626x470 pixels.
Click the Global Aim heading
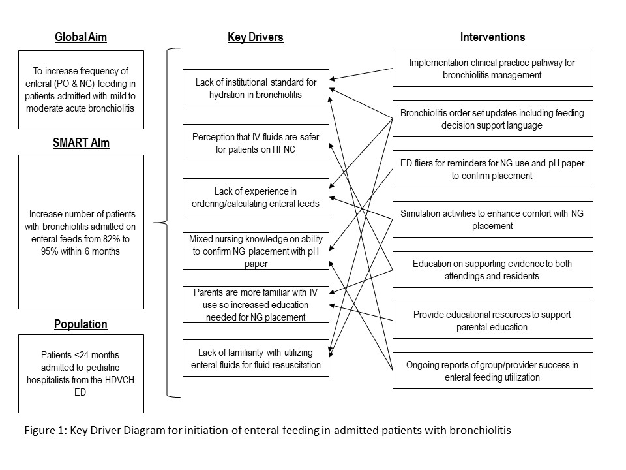point(81,37)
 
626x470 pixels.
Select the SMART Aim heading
point(81,143)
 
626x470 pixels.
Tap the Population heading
point(81,324)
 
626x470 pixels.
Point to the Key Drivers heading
point(256,37)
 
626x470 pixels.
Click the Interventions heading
point(493,37)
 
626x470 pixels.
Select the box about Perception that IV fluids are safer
point(256,143)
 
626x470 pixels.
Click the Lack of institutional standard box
point(256,88)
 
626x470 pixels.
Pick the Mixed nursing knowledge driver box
point(256,251)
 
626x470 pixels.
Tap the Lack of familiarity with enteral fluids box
point(256,358)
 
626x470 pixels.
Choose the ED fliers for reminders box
point(493,168)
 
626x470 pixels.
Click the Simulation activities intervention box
point(493,219)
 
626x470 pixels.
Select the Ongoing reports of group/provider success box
point(493,371)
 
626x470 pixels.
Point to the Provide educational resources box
point(493,320)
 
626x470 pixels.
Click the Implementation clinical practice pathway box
point(493,69)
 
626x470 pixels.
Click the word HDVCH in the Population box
point(118,380)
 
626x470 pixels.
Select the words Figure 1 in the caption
point(46,430)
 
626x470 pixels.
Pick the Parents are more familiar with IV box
point(256,305)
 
